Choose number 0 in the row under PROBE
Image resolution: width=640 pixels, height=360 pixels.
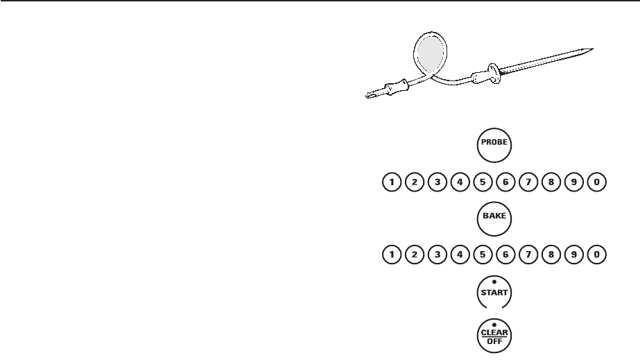596,182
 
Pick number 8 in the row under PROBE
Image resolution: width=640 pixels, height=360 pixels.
551,182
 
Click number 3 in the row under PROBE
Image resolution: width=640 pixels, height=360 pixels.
437,182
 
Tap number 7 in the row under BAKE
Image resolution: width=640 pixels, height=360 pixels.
528,255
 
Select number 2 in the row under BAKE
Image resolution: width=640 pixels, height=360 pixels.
414,255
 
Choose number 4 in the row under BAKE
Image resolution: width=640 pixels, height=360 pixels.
460,255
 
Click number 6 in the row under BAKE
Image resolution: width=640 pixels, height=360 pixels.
505,255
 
